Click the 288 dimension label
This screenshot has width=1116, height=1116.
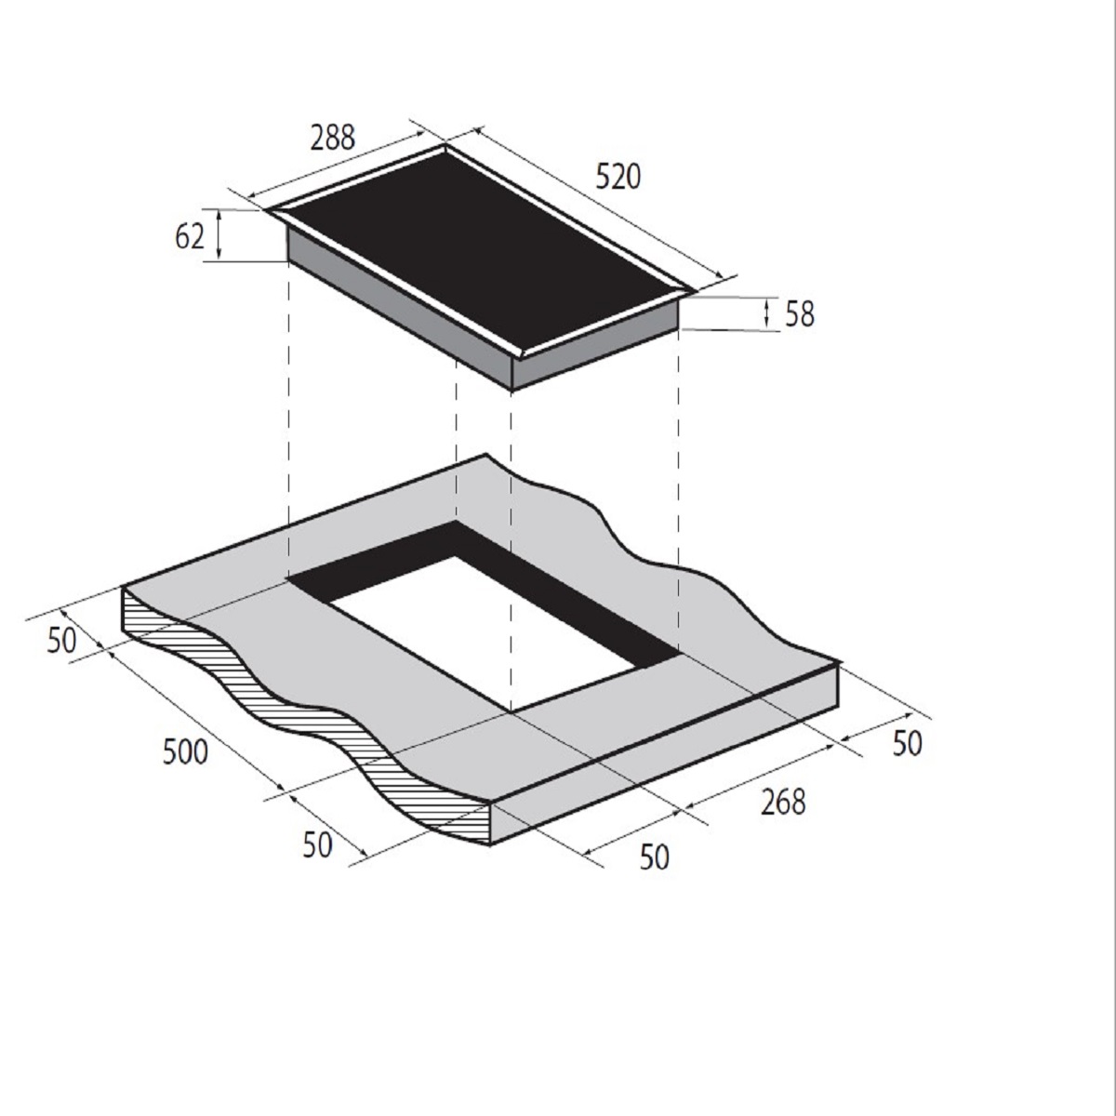(332, 139)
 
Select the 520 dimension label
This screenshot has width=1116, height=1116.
(618, 178)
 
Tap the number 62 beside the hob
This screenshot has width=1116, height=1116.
(190, 237)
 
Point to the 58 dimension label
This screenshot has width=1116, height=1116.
(800, 314)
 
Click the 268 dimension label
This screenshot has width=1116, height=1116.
(783, 803)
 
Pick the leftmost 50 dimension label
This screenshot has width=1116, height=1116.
(61, 641)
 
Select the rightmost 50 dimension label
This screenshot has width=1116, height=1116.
(907, 744)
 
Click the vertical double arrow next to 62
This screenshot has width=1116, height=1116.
(219, 234)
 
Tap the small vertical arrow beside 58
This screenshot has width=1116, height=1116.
(766, 312)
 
